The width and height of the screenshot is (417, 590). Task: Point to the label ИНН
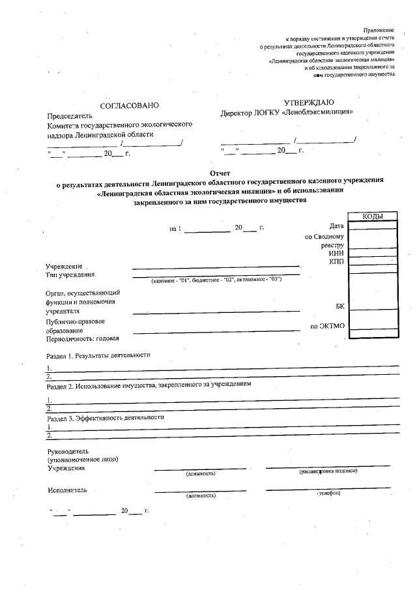click(x=336, y=253)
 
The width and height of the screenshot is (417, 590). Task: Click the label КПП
click(x=336, y=261)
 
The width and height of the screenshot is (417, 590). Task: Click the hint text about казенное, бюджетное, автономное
click(x=216, y=280)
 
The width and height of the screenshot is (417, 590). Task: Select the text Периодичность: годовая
click(x=86, y=338)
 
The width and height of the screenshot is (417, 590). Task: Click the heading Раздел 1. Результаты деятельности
click(x=98, y=356)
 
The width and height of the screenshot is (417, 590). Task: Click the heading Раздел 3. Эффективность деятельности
click(x=105, y=417)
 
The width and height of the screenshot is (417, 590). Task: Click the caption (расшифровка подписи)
click(x=328, y=471)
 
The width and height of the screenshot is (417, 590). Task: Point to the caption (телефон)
click(x=328, y=494)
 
